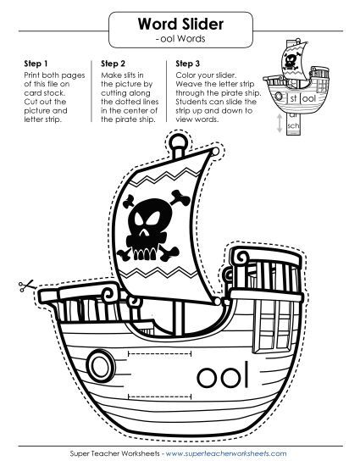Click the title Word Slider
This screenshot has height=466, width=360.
point(180,24)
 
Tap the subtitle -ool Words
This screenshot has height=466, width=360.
point(180,39)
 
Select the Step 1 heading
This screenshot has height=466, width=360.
point(36,64)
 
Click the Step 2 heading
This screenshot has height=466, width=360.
point(113,64)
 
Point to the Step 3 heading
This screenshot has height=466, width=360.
point(188,64)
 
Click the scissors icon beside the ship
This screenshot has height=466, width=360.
point(25,286)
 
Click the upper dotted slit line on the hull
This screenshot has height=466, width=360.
point(159,353)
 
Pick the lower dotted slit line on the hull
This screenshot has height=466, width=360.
point(159,397)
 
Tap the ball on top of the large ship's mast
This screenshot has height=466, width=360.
point(178,141)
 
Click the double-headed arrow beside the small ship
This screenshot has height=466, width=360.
point(280,123)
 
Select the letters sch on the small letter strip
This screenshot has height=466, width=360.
point(293,125)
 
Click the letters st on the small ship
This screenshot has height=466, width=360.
point(293,98)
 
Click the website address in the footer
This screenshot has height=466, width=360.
point(226,453)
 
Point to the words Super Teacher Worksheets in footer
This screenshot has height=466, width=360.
point(115,453)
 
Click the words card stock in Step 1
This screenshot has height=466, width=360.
point(44,93)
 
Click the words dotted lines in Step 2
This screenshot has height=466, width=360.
point(130,102)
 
